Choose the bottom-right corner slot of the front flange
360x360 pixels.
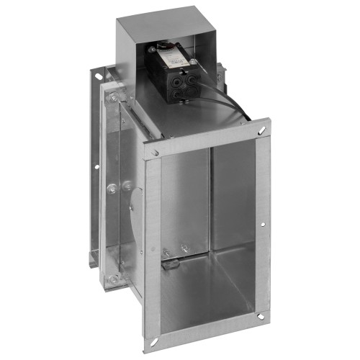[259, 314]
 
